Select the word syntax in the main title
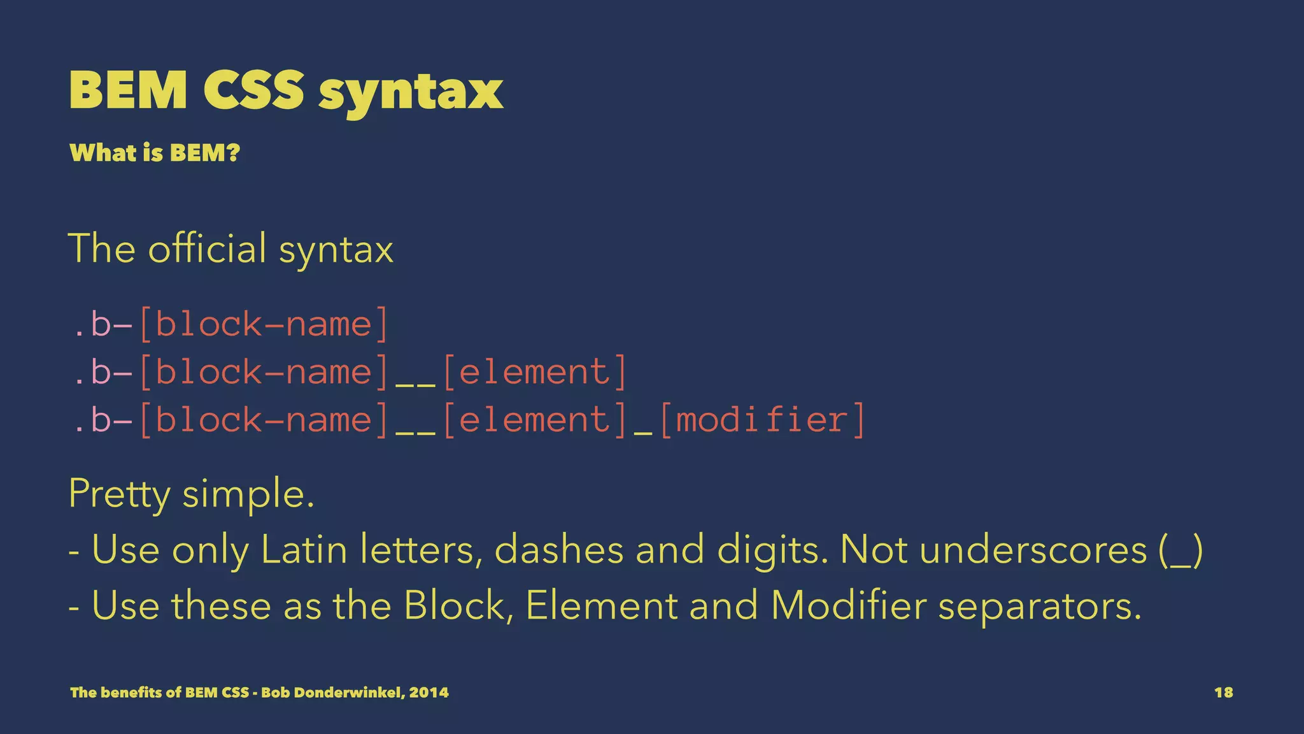[411, 92]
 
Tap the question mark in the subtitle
[233, 153]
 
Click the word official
[207, 248]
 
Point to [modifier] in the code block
[762, 420]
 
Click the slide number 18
[1223, 693]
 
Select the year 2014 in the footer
[429, 693]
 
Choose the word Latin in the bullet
[304, 549]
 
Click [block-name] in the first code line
[262, 324]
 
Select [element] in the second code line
[534, 372]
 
